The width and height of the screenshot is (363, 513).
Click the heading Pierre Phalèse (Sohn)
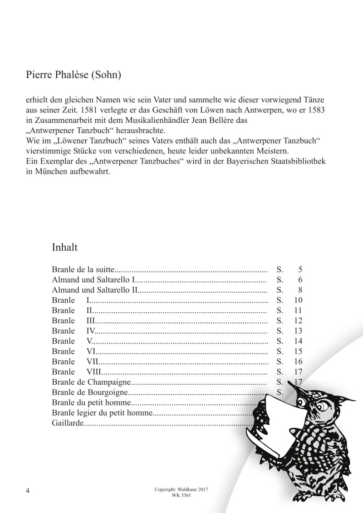tap(74, 75)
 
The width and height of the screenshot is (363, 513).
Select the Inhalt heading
tap(65, 248)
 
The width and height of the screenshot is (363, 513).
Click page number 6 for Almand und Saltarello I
tap(300, 280)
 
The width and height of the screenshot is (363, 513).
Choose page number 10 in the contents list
tap(298, 300)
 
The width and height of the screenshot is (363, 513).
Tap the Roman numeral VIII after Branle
tap(93, 372)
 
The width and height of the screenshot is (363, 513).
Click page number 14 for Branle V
tap(298, 341)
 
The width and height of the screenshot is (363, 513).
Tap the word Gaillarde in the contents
tap(69, 423)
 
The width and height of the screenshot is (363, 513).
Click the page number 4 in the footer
tap(28, 491)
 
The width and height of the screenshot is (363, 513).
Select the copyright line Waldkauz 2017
tap(181, 490)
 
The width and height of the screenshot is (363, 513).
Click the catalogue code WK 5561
tap(181, 495)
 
